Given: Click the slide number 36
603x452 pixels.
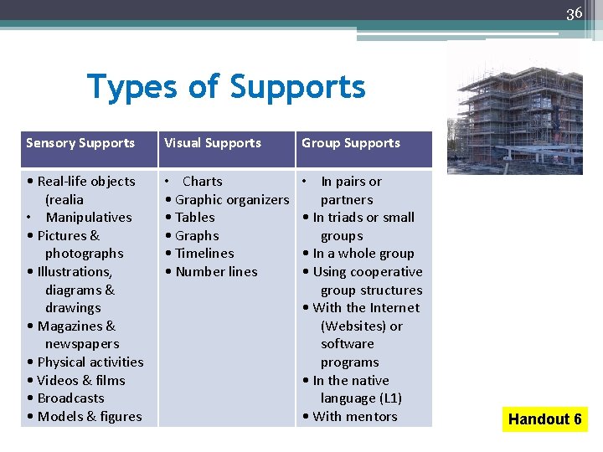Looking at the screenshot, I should [x=574, y=13].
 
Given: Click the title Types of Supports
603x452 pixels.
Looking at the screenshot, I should [x=226, y=87].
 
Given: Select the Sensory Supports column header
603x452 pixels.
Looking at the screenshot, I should [x=80, y=143].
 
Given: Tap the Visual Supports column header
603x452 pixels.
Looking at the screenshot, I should [x=213, y=143].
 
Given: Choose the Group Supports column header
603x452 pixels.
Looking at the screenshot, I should [x=351, y=143].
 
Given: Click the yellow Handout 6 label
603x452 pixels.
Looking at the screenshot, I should [x=544, y=419].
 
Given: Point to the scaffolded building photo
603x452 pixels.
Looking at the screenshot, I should [x=513, y=109].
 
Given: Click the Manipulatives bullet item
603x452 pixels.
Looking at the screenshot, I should [x=89, y=218].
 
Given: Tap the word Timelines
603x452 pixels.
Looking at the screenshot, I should [x=204, y=254].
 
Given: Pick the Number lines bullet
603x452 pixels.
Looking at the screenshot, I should [x=216, y=272].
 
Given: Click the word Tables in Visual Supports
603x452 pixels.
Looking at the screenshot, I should [x=194, y=218].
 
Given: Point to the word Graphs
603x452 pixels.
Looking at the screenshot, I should [x=197, y=236].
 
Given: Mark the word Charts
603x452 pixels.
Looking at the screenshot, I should [x=202, y=182].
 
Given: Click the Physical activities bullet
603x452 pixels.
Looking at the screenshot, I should [x=90, y=362].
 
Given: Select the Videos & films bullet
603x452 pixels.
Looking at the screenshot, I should [x=80, y=381].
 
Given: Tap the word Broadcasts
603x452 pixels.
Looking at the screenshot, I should [x=70, y=398].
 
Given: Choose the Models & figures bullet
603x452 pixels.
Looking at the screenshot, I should [x=89, y=417].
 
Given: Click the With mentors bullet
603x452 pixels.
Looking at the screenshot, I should [x=354, y=417].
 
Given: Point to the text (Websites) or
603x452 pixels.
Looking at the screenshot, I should [x=361, y=326].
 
